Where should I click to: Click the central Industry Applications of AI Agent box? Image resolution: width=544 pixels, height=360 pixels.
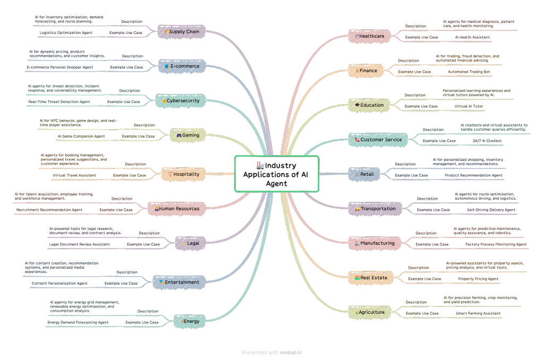276,174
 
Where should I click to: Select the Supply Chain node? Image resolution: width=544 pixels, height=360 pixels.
182,32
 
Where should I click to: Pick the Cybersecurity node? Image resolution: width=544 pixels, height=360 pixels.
181,100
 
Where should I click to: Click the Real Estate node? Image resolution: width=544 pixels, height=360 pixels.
371,278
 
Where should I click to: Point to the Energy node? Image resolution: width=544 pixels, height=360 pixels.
189,321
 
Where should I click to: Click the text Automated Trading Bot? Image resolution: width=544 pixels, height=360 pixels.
469,72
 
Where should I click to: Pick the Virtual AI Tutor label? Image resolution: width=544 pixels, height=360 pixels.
469,106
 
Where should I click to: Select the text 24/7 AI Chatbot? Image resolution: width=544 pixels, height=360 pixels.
487,141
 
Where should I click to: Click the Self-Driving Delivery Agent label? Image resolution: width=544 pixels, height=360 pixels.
491,210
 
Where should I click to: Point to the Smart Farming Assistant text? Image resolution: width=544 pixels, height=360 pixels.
478,313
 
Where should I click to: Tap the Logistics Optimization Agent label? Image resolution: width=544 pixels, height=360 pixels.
66,33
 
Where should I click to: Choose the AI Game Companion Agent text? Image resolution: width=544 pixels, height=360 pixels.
81,136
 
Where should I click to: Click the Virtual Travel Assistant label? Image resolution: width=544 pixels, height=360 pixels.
74,175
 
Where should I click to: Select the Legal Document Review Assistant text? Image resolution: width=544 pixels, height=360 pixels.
80,244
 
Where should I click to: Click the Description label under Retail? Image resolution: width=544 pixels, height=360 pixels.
405,164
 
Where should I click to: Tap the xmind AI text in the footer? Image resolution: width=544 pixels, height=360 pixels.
291,353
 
